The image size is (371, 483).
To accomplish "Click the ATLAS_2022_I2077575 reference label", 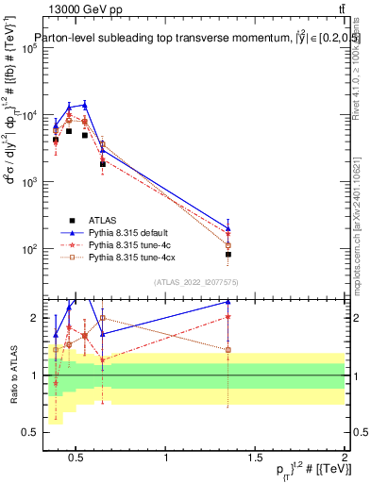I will [x=194, y=282].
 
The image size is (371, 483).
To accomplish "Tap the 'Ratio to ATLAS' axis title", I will [x=12, y=375].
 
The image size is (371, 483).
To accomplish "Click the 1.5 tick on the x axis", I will [x=256, y=458].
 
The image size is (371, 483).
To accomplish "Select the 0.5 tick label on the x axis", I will [x=77, y=458].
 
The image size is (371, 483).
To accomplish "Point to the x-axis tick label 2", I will [x=345, y=458].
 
